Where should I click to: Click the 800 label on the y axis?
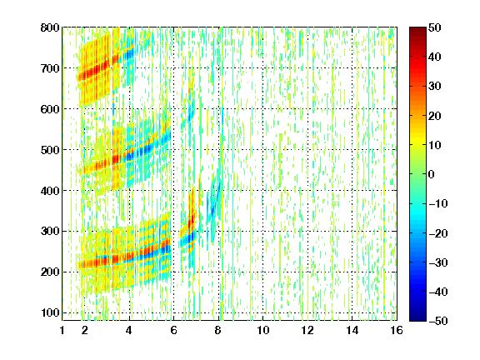(50, 27)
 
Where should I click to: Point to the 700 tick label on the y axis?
(50, 68)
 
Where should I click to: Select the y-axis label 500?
(50, 150)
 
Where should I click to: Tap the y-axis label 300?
(50, 232)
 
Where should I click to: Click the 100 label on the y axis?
(50, 312)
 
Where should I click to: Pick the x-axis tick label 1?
(62, 330)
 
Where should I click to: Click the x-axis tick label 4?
(129, 330)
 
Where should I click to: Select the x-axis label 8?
(218, 330)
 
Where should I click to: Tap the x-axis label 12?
(307, 330)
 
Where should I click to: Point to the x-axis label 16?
(397, 330)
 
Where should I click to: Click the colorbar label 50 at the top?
(434, 27)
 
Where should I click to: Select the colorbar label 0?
(432, 174)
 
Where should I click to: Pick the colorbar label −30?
(438, 262)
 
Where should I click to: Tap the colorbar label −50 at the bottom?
(438, 321)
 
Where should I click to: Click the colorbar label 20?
(434, 116)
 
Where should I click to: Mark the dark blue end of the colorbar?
(417, 318)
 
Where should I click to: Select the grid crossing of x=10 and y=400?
(262, 190)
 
